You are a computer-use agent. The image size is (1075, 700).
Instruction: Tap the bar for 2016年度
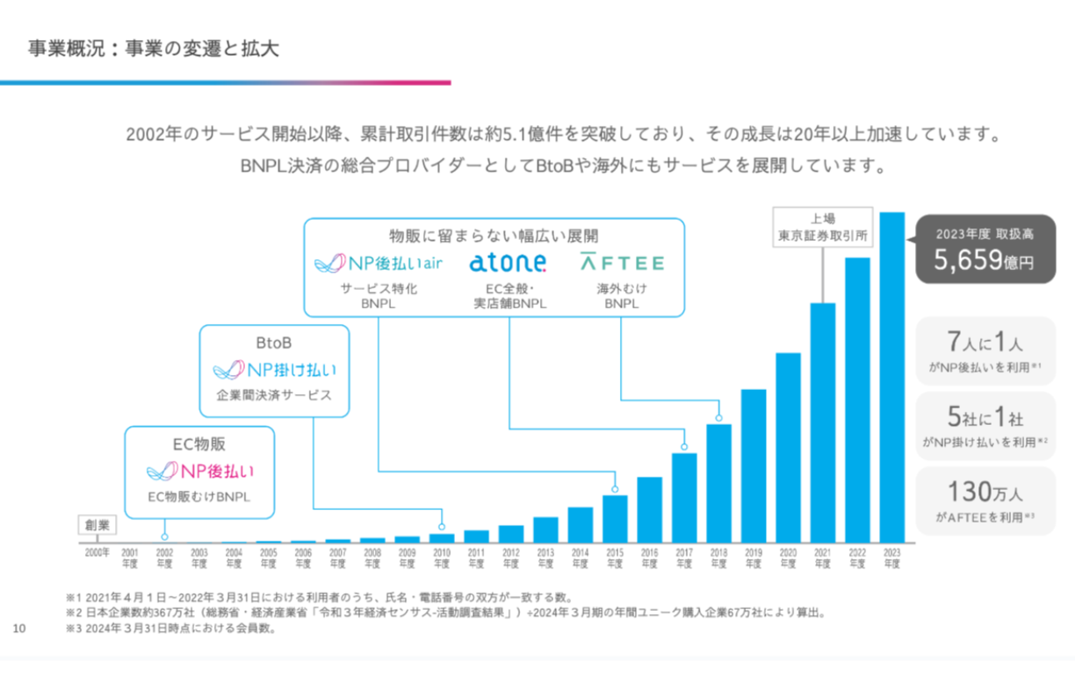[649, 509]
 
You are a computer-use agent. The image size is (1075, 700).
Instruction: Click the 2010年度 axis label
[442, 557]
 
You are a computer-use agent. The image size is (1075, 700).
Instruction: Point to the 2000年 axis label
[97, 552]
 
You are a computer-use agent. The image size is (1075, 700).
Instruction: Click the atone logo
[508, 263]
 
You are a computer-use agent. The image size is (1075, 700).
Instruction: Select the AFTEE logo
[622, 263]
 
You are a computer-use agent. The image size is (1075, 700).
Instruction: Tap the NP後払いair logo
[377, 264]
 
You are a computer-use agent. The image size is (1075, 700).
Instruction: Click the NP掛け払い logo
[275, 369]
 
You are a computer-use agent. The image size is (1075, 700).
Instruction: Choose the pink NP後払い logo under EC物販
[200, 472]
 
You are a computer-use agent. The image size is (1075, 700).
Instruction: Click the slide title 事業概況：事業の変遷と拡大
[153, 49]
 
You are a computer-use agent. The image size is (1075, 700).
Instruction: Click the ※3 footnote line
[171, 629]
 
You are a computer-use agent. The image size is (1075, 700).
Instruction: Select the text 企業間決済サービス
[274, 395]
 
